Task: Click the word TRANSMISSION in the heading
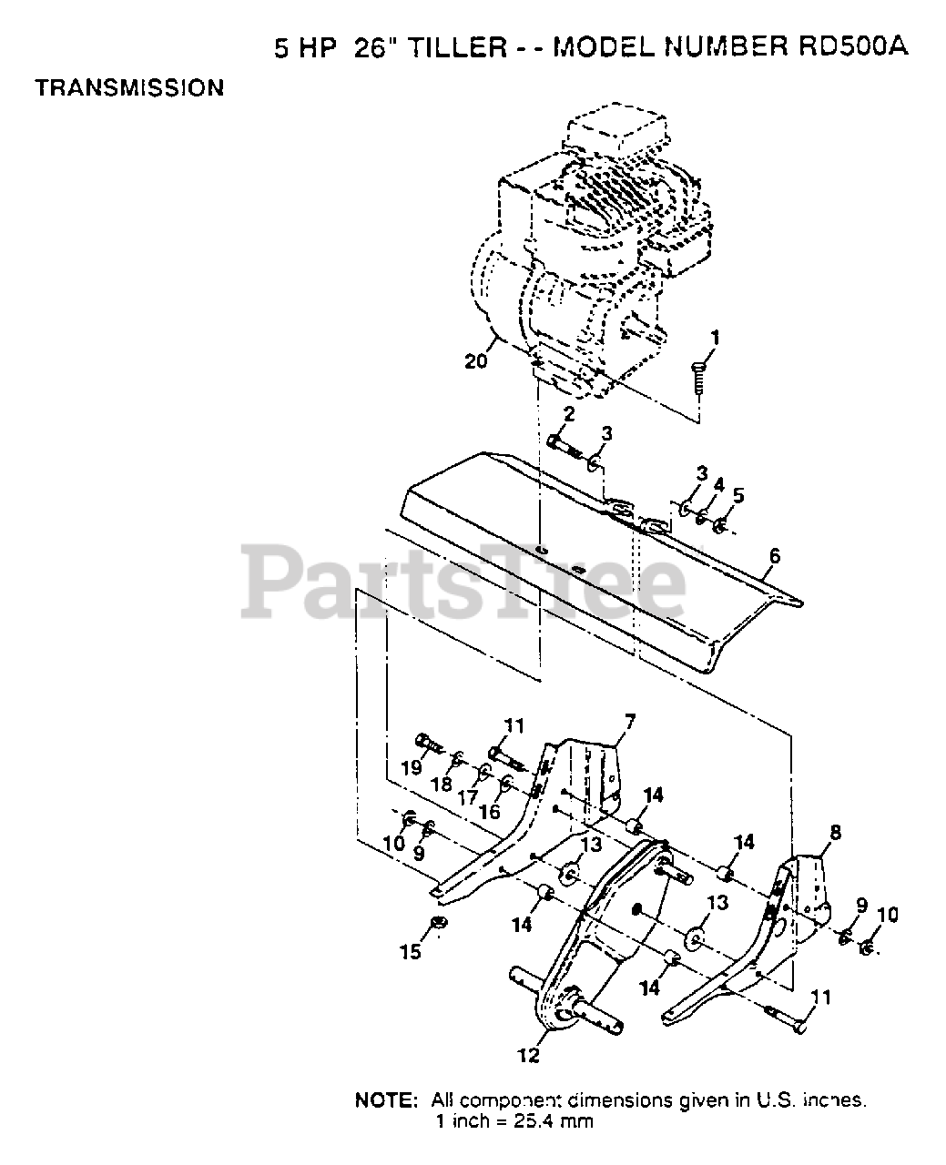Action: point(128,87)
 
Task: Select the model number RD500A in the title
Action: point(849,47)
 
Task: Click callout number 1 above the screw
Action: point(715,339)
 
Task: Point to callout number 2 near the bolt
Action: point(568,415)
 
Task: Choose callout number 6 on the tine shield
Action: point(775,555)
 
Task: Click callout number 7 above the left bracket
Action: point(629,721)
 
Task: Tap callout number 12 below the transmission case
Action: point(528,1056)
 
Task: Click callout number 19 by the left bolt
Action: point(411,767)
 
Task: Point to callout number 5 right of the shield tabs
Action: point(738,495)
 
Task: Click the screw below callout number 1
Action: point(698,377)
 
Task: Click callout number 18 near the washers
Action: point(442,783)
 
